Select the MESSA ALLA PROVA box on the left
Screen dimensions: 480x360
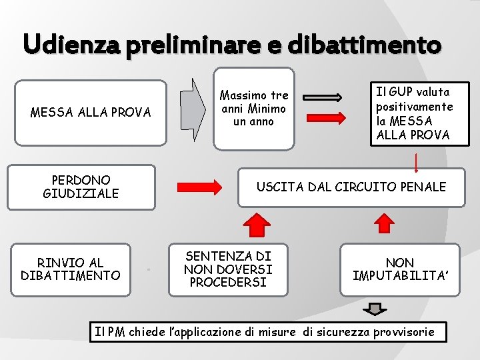tap(91, 113)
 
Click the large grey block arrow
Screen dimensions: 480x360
tap(194, 109)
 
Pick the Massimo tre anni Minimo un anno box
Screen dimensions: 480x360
tap(253, 109)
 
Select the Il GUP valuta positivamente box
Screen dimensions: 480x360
tap(413, 113)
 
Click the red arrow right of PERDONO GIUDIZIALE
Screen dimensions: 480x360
tap(201, 186)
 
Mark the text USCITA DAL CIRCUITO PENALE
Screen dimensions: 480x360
tap(351, 187)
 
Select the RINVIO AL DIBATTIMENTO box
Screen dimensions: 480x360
tap(71, 269)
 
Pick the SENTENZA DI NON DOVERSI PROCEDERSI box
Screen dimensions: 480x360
tap(229, 269)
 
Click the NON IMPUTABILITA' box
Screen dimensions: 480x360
tap(400, 269)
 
